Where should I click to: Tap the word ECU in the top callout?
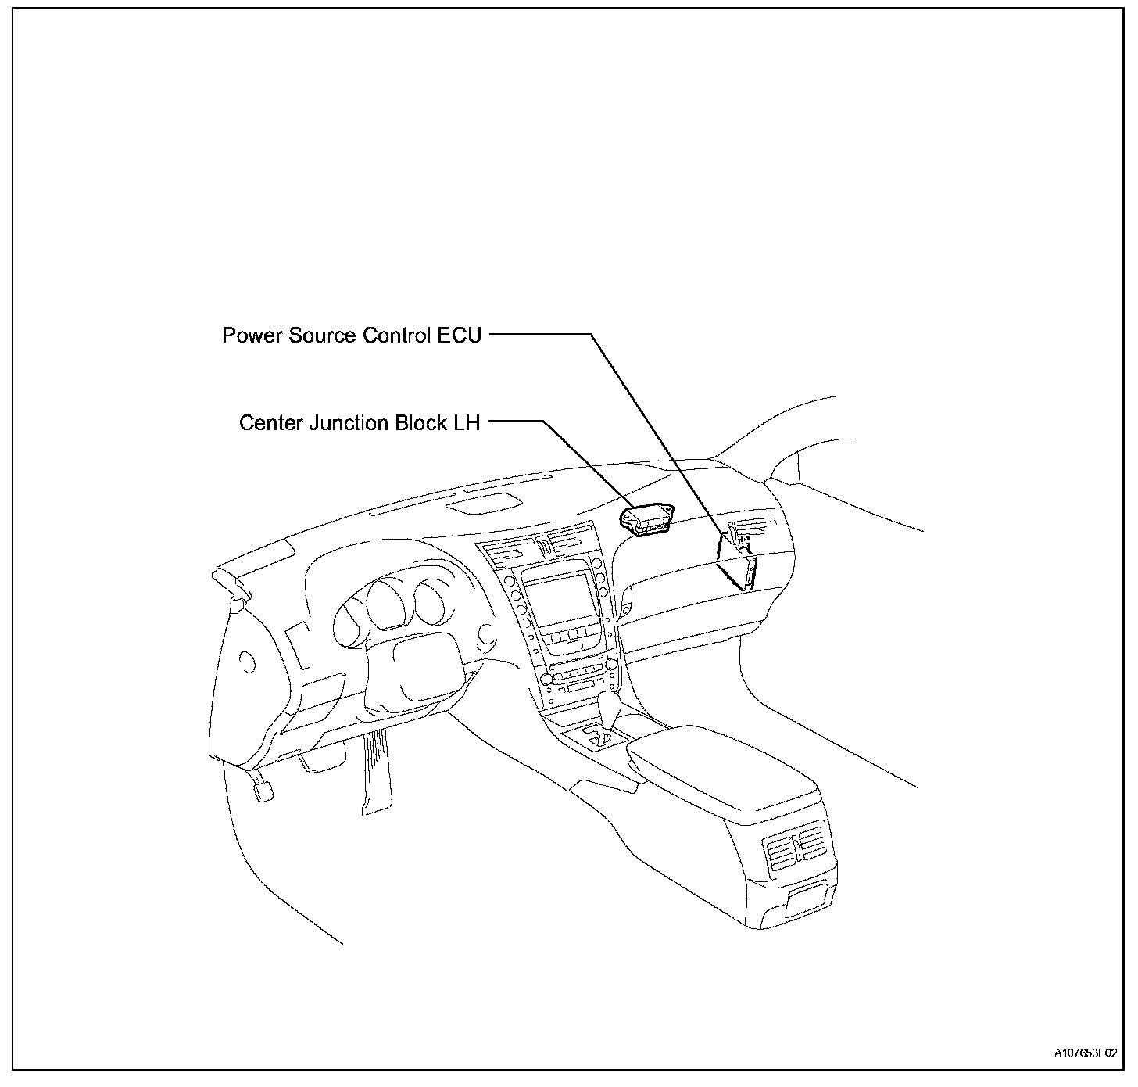coord(461,335)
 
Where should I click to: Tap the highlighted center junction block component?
coord(646,519)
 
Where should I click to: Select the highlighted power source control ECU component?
coord(747,572)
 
